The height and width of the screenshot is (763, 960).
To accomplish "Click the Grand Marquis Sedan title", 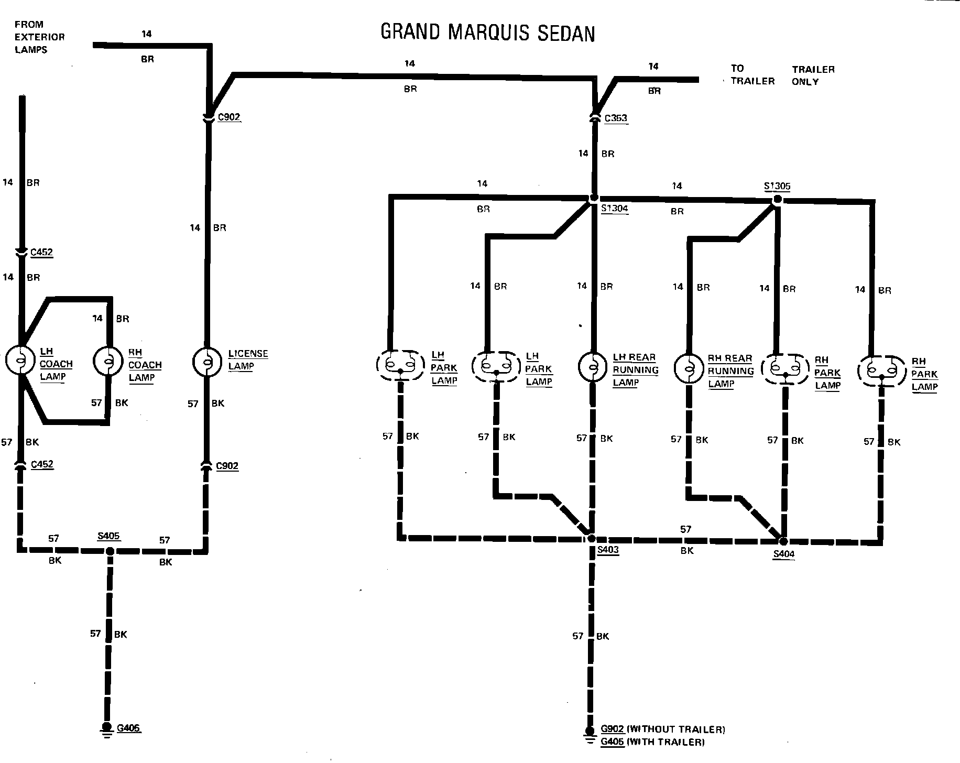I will point(487,32).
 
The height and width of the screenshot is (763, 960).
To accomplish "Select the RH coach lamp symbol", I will point(109,361).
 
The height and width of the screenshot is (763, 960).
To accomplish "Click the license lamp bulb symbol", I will point(208,361).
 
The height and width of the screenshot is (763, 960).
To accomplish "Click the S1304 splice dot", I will point(594,198).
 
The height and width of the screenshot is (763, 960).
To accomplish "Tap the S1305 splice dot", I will point(778,199).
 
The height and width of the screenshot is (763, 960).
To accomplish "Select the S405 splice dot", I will point(110,551).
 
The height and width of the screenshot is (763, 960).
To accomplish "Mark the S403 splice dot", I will point(591,538).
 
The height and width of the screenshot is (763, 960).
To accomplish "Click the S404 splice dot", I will point(783,541).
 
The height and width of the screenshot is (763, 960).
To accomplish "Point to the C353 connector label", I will point(616,118).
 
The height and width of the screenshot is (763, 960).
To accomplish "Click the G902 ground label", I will point(612,729).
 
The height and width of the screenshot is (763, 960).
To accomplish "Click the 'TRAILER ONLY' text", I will point(813,75).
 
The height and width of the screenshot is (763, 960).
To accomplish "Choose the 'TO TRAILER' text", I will point(752,74).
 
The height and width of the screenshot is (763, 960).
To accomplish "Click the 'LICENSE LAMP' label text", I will point(248,360).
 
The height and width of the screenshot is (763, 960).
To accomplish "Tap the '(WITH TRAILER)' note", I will point(666,742).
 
